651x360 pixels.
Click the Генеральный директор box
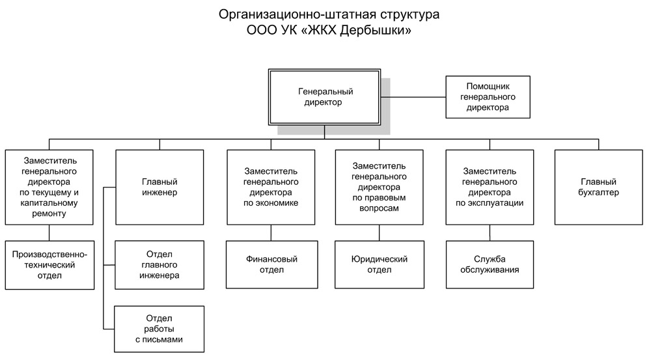pyautogui.click(x=324, y=97)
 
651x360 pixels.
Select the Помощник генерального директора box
pyautogui.click(x=488, y=97)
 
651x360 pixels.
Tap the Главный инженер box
pyautogui.click(x=159, y=187)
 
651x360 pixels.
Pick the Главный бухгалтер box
pyautogui.click(x=599, y=187)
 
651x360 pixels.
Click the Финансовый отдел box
pyautogui.click(x=272, y=264)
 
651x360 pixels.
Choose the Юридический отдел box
pyautogui.click(x=380, y=264)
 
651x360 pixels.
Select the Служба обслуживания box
pyautogui.click(x=490, y=264)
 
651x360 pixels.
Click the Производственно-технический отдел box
pyautogui.click(x=50, y=265)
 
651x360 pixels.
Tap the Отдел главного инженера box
pyautogui.click(x=159, y=265)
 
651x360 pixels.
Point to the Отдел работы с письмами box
pyautogui.click(x=159, y=329)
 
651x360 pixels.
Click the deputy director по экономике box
pyautogui.click(x=271, y=187)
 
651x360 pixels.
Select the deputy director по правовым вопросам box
pyautogui.click(x=380, y=187)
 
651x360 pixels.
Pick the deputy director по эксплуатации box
pyautogui.click(x=490, y=187)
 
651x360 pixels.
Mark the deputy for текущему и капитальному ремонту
pyautogui.click(x=49, y=187)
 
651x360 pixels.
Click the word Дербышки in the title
pyautogui.click(x=376, y=31)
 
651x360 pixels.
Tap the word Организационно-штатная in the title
pyautogui.click(x=296, y=14)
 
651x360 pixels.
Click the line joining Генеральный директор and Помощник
pyautogui.click(x=413, y=97)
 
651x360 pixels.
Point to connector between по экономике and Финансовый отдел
pyautogui.click(x=271, y=233)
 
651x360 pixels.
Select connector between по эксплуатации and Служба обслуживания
pyautogui.click(x=490, y=233)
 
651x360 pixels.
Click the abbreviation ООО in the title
pyautogui.click(x=261, y=31)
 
